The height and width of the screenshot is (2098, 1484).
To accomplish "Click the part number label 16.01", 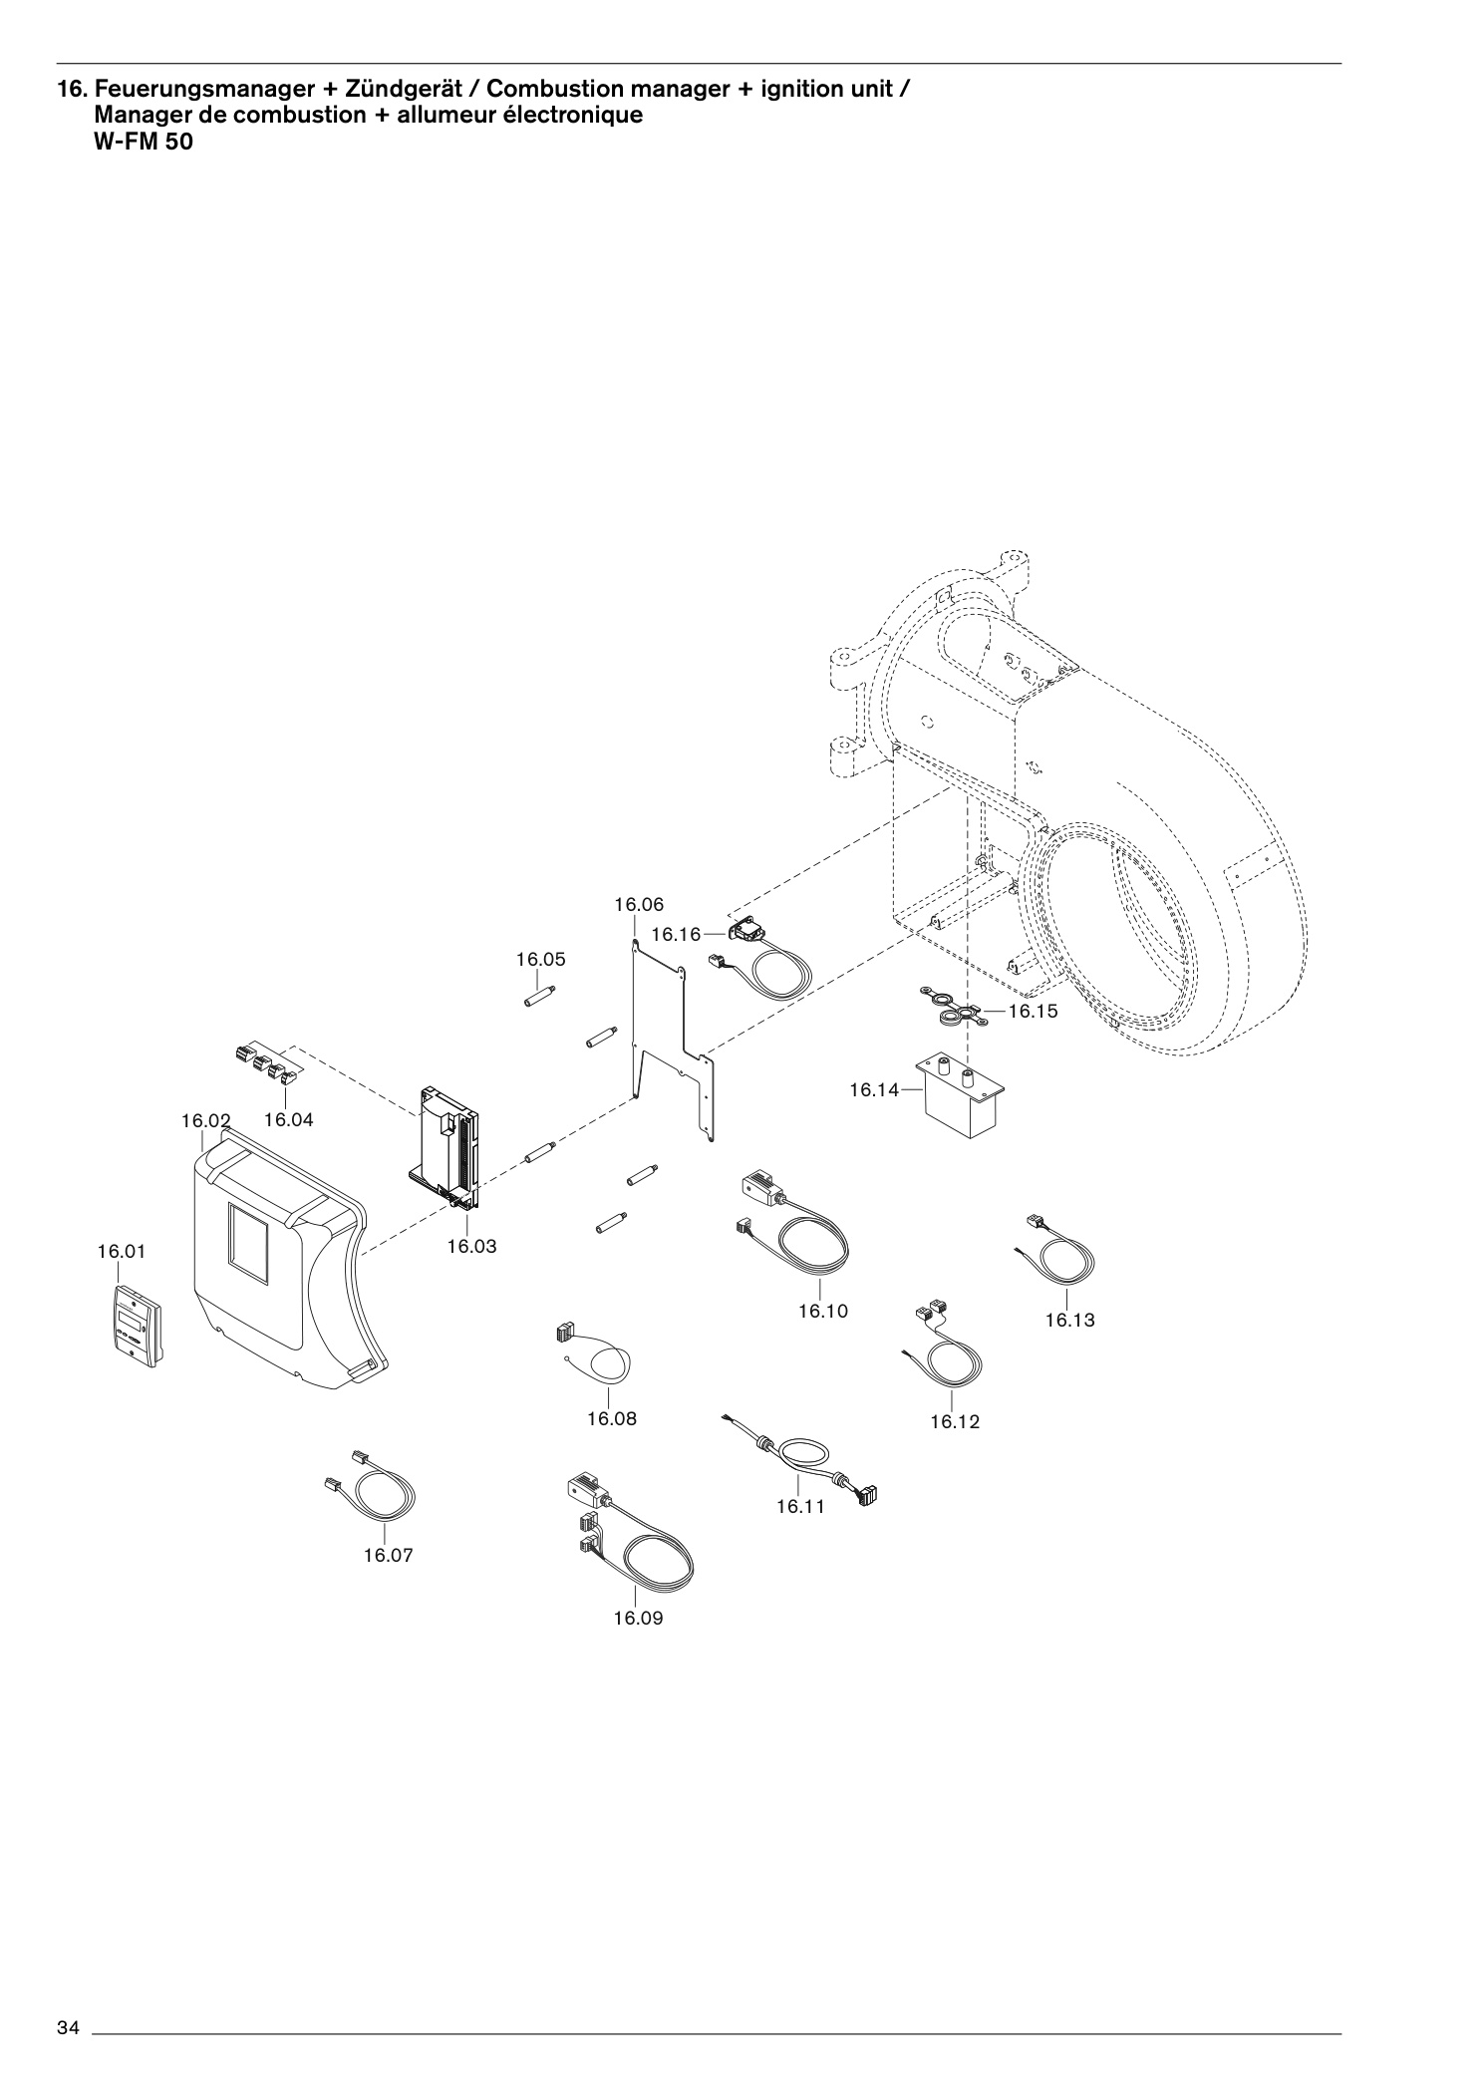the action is point(121,1251).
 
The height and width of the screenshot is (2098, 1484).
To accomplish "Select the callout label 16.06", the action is point(639,905).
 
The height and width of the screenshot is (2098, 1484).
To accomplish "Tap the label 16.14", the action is point(874,1090).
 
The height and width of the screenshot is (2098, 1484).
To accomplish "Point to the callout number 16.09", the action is point(638,1618).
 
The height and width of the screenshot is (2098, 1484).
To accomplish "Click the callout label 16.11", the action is point(801,1506).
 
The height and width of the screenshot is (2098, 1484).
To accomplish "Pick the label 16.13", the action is point(1069,1321).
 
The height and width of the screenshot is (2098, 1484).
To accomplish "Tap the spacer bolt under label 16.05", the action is point(539,995).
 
